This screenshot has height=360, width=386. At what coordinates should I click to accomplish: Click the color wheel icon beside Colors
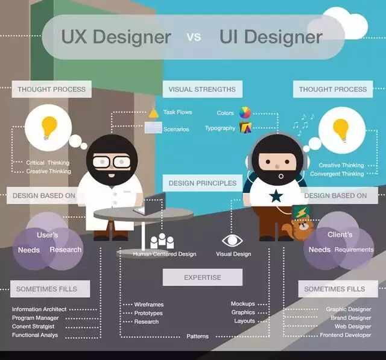point(245,112)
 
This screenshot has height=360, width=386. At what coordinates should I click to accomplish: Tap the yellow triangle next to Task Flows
point(154,112)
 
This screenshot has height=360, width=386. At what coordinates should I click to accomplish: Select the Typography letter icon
point(245,127)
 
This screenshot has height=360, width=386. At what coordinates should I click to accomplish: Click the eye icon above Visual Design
point(233,241)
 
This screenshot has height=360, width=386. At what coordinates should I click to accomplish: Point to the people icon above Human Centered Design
point(162,241)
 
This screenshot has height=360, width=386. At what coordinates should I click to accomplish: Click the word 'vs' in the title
point(194,37)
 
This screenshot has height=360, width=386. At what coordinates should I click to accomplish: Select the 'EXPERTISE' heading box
point(202,277)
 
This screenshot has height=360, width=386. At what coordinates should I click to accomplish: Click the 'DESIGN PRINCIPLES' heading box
point(202,183)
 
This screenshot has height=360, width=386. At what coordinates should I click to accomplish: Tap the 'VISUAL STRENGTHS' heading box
point(202,89)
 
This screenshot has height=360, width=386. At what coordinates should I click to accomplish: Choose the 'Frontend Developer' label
point(345,335)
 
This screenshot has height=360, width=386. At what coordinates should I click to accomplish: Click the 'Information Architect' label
point(39,309)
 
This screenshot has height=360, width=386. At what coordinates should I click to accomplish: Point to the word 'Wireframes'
point(149,305)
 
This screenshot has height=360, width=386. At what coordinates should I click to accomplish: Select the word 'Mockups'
point(243,304)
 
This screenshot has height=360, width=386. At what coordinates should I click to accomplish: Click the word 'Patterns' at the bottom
point(197,336)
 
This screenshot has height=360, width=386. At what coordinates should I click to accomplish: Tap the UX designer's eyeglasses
point(112,162)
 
